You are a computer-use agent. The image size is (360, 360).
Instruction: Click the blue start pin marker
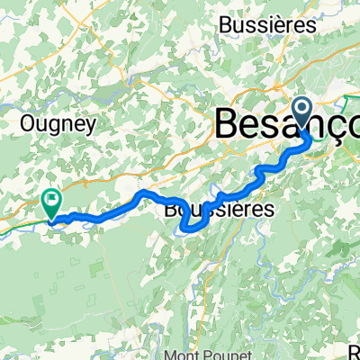click(x=303, y=115)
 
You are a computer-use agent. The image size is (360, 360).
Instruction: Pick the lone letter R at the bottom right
click(x=354, y=349)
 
